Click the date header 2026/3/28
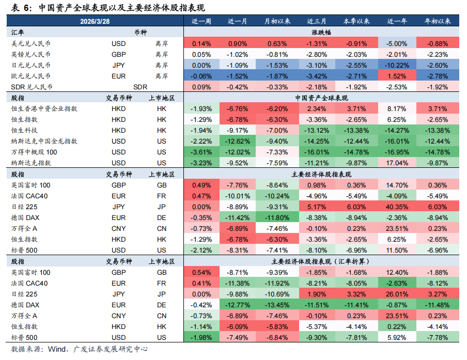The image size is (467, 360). tap(95, 21)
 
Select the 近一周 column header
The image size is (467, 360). tap(201, 21)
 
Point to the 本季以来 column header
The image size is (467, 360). tap(356, 21)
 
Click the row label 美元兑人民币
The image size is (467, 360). tap(31, 43)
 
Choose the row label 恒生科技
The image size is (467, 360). tap(24, 130)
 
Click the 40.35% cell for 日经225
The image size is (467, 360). tap(396, 207)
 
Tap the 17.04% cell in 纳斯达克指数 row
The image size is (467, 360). tap(396, 163)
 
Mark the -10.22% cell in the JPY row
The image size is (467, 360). tap(396, 65)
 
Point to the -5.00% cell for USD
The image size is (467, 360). tap(396, 43)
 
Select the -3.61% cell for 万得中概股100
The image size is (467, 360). tap(201, 152)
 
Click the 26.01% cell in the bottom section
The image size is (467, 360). tap(396, 294)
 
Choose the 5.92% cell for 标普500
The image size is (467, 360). tap(396, 337)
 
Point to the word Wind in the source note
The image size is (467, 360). tap(56, 350)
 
